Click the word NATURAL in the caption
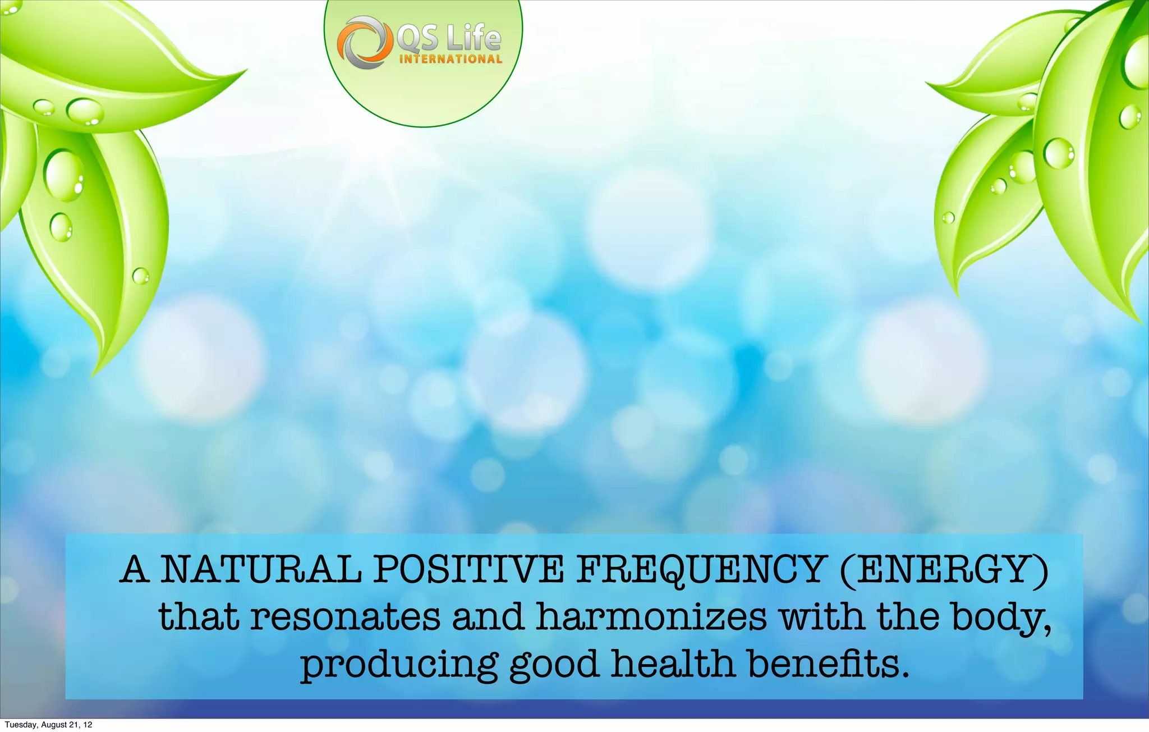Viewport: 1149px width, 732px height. pyautogui.click(x=261, y=569)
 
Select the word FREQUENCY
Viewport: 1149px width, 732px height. pyautogui.click(x=700, y=569)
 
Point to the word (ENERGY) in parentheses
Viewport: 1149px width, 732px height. pyautogui.click(x=944, y=570)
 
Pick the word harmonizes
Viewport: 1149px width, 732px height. pyautogui.click(x=651, y=617)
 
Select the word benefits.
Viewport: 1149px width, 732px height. pyautogui.click(x=829, y=664)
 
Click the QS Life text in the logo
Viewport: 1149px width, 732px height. pyautogui.click(x=448, y=38)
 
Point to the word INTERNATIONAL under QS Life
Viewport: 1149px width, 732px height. pyautogui.click(x=451, y=59)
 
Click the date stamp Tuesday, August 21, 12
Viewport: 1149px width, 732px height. pyautogui.click(x=48, y=725)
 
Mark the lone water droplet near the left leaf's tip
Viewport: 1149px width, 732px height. pyautogui.click(x=140, y=276)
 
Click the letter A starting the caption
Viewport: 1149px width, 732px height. pyautogui.click(x=135, y=569)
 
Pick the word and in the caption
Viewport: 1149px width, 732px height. pyautogui.click(x=488, y=617)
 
